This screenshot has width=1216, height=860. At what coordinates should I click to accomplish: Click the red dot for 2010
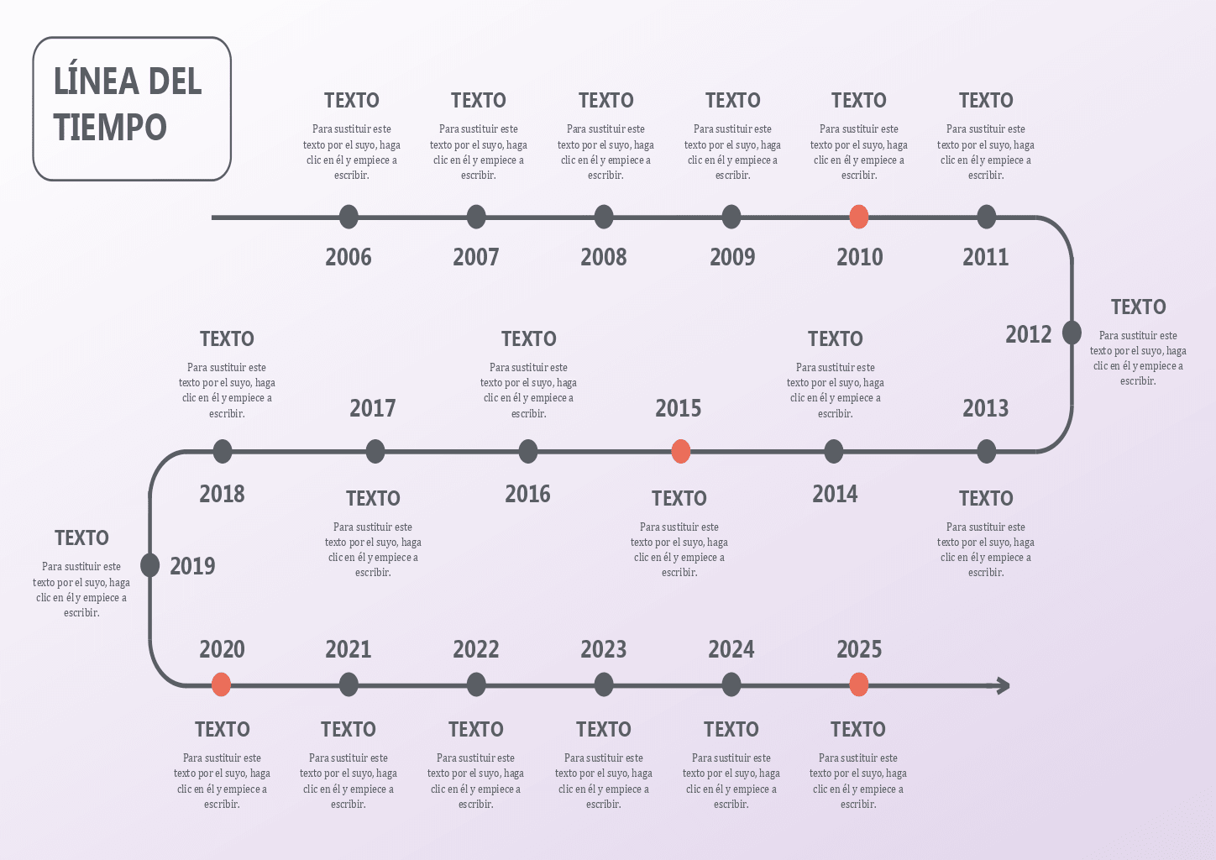[x=858, y=217]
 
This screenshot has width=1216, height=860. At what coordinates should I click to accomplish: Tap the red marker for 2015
[x=681, y=451]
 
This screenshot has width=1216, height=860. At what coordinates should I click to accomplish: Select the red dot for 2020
[x=221, y=684]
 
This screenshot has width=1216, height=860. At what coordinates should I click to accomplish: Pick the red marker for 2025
[x=858, y=684]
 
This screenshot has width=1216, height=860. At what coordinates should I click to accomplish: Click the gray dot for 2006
[x=349, y=217]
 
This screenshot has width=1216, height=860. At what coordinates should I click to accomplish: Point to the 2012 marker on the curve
[x=1072, y=333]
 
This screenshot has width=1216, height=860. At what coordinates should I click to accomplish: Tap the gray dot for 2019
[x=150, y=565]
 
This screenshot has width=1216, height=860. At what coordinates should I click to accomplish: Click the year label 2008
[x=603, y=257]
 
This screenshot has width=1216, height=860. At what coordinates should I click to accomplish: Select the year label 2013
[x=985, y=408]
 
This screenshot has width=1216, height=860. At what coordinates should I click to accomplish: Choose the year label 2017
[x=372, y=408]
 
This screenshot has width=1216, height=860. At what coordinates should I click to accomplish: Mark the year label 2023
[x=603, y=649]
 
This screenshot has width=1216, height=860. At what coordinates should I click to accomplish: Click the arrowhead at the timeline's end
[x=1004, y=685]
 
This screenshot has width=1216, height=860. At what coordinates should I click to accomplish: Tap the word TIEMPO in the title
[x=110, y=128]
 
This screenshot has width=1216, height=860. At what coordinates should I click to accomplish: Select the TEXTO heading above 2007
[x=478, y=101]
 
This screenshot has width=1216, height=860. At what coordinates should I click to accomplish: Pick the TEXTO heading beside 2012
[x=1138, y=307]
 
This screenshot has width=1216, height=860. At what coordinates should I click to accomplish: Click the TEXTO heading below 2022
[x=475, y=729]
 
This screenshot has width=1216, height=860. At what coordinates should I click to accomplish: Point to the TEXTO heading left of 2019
[x=81, y=538]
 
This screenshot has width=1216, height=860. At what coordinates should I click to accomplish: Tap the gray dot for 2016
[x=528, y=451]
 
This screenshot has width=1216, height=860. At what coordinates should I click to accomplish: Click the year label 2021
[x=348, y=649]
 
